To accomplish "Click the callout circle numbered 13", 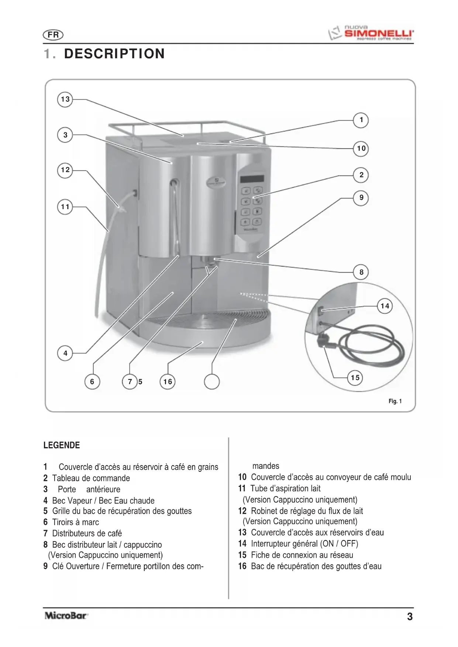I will coord(65,99).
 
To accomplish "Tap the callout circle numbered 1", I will coord(361,120).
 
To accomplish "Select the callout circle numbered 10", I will coord(361,149).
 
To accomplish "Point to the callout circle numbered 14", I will coord(385,306).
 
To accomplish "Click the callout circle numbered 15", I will coord(355,378).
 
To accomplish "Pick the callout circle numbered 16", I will coord(168,382).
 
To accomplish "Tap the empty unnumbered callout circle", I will coord(212,382).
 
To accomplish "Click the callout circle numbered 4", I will coord(65,353).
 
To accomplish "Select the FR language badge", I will coord(54,35).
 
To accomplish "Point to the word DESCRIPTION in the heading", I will coord(114,54).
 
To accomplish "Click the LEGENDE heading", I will coord(62,445).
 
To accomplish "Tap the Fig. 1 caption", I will coord(395,401).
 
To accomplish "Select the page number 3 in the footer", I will coord(410,616).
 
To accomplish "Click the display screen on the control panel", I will coord(252,179).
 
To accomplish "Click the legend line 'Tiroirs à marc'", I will coord(75,522).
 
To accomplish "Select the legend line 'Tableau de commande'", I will coord(91,478).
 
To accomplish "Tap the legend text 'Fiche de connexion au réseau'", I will coord(302,555).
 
